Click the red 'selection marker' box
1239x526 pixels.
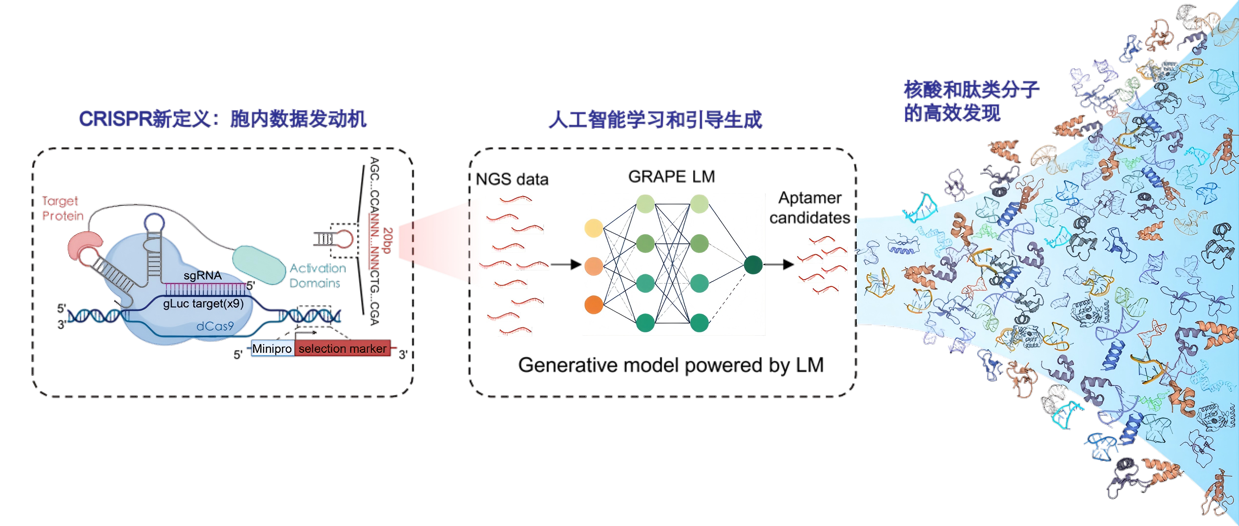342,349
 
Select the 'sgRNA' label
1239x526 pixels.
203,275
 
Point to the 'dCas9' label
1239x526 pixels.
215,326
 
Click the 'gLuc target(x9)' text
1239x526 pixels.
204,303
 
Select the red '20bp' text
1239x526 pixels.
388,240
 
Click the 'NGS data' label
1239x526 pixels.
512,179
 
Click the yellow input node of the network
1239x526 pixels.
594,228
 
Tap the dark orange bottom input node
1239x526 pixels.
594,305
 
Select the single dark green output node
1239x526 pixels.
753,264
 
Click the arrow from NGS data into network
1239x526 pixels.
566,264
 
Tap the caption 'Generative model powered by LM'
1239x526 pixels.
671,365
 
